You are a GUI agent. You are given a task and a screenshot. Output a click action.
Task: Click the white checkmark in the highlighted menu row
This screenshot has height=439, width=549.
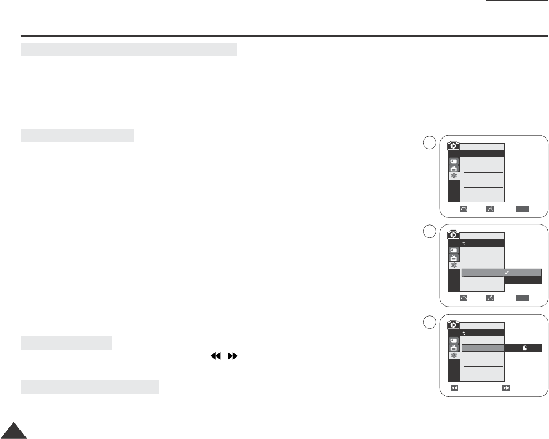point(507,273)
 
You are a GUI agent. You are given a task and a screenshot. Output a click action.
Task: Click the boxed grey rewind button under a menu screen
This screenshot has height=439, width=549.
point(454,389)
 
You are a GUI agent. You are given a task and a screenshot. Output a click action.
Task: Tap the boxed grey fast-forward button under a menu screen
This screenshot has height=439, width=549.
point(506,389)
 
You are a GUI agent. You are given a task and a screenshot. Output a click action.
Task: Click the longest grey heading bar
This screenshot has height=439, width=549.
point(129,49)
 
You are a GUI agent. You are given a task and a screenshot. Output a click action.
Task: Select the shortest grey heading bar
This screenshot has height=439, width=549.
point(66,343)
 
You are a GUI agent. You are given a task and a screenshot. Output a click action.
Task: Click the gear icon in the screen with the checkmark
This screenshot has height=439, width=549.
point(454,266)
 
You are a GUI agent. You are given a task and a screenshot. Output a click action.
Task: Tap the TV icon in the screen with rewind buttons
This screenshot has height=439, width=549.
point(454,349)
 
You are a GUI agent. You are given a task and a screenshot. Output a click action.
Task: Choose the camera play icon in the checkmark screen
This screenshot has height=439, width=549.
point(453,235)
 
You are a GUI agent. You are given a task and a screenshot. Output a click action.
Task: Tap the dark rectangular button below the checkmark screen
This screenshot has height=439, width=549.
point(522,298)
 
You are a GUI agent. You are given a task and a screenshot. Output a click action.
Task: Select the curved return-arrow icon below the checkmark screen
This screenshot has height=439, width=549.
point(464,298)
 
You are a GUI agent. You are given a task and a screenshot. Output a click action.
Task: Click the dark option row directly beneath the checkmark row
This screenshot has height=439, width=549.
point(523,280)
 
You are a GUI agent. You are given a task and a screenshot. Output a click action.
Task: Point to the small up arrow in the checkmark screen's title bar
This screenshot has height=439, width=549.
point(465,243)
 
